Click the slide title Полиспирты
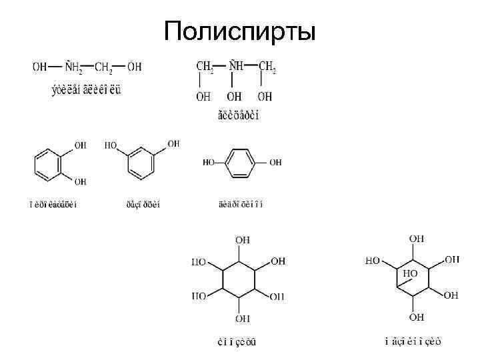(240, 31)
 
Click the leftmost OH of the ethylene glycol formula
(40, 67)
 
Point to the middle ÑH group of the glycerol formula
(235, 66)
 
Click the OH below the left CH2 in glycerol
(203, 97)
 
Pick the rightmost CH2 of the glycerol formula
(267, 67)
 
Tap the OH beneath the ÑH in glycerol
(235, 97)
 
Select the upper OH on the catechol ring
(80, 145)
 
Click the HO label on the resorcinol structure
(111, 145)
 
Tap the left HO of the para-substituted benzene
(209, 162)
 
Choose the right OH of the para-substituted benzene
(275, 162)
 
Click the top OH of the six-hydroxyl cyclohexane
(242, 238)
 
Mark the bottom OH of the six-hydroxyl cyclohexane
(242, 318)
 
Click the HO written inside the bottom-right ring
(411, 273)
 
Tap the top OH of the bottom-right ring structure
(417, 237)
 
